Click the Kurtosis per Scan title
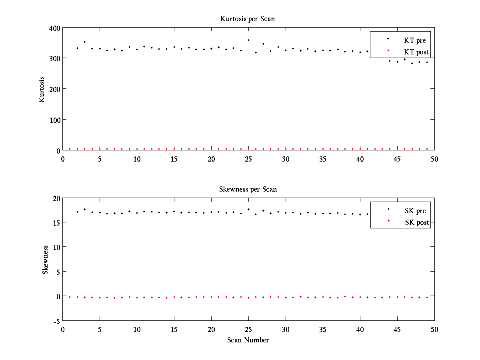click(248, 19)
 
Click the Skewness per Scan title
click(248, 189)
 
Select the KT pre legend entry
click(414, 40)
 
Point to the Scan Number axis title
click(248, 340)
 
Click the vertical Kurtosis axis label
click(42, 89)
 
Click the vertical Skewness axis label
click(46, 260)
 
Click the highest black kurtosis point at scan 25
click(248, 40)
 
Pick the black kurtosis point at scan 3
click(84, 42)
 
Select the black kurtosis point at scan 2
click(77, 48)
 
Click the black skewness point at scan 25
click(248, 209)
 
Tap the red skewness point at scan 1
click(70, 297)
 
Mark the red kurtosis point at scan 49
click(427, 149)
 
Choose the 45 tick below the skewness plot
click(397, 329)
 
